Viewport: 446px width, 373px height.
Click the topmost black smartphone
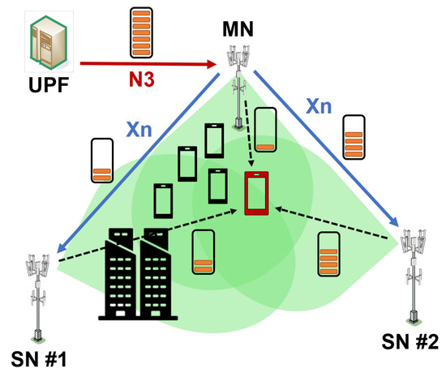tap(214, 140)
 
